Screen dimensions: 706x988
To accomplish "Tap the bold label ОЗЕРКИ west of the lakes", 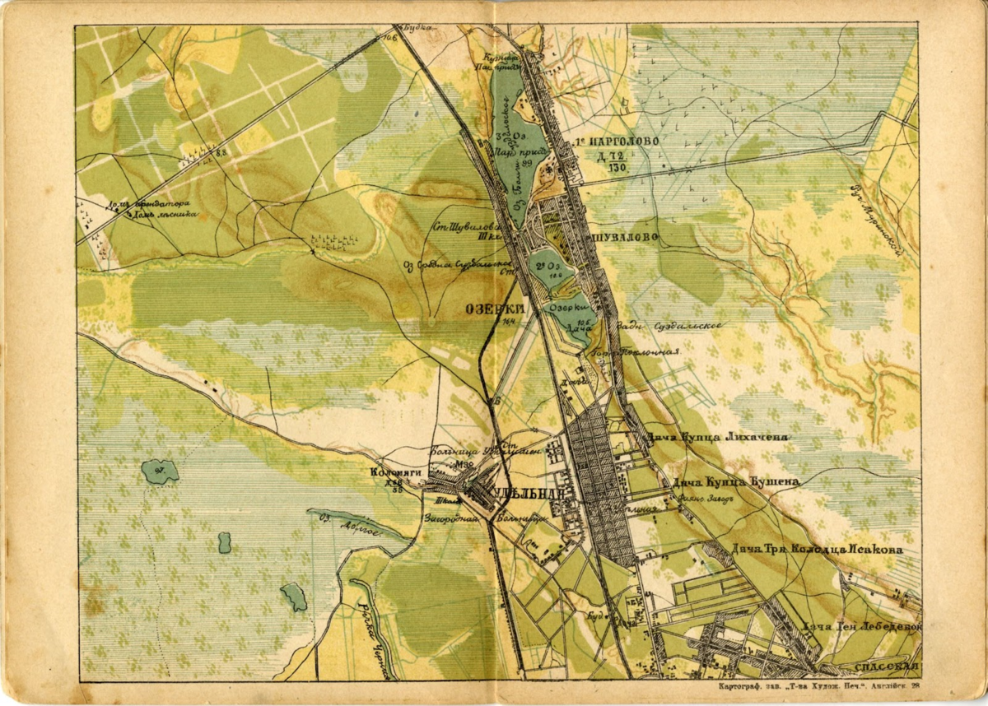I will tap(491, 308).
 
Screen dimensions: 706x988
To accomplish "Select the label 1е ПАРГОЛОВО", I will tap(617, 141).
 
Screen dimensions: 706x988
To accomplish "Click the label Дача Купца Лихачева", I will tap(717, 437).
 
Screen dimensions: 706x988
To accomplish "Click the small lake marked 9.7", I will tap(160, 471).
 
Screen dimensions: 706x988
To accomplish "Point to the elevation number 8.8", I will tap(221, 151).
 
